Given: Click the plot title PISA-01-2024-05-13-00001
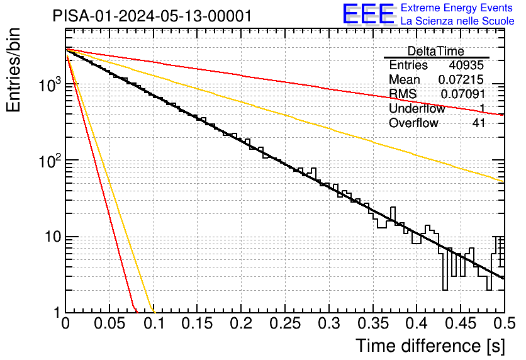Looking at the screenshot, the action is [152, 16].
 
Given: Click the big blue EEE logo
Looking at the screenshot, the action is [369, 14].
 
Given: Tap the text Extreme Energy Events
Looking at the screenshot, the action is [457, 8].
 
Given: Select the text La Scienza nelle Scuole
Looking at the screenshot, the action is [457, 21].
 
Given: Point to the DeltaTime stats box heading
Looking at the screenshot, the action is [435, 51].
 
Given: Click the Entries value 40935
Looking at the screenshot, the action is [466, 65].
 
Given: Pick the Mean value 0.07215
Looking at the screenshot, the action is [461, 79].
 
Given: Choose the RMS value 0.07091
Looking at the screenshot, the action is [462, 94].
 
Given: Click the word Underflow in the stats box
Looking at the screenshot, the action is [417, 108].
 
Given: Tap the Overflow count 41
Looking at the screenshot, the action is [478, 123].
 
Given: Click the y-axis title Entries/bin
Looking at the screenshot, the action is [13, 70].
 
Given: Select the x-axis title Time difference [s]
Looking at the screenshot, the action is [430, 346].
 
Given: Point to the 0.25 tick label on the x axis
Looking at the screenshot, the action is [285, 323].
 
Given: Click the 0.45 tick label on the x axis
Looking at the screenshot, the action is [461, 323].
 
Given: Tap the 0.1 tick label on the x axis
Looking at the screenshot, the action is [154, 323].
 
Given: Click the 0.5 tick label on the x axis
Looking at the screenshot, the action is [505, 323].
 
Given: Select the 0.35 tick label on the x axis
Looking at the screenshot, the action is [373, 323].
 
